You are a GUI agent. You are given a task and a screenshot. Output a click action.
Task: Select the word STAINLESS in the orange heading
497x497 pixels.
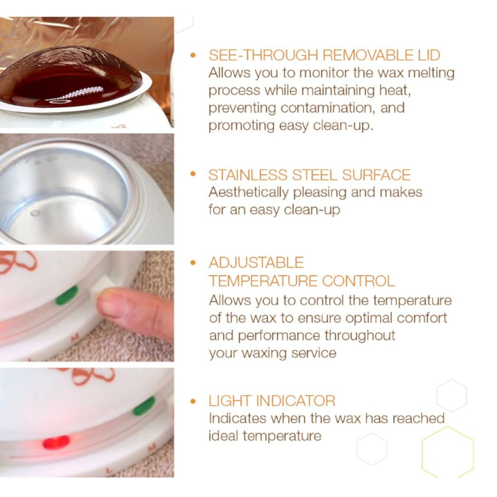pyautogui.click(x=248, y=175)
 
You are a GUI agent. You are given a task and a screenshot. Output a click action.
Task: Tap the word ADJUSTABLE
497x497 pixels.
pyautogui.click(x=256, y=263)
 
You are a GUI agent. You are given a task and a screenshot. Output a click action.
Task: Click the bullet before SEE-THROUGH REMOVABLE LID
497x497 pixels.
pyautogui.click(x=193, y=56)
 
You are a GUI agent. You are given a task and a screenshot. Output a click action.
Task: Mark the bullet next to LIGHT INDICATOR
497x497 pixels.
pyautogui.click(x=193, y=401)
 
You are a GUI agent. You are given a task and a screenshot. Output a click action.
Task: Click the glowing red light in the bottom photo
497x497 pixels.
pyautogui.click(x=56, y=442)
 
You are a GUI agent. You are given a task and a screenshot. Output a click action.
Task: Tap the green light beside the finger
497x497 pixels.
pyautogui.click(x=67, y=295)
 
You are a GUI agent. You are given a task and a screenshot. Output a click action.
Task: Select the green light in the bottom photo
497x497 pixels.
pyautogui.click(x=144, y=406)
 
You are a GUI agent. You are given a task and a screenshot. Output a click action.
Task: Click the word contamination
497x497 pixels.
pyautogui.click(x=326, y=108)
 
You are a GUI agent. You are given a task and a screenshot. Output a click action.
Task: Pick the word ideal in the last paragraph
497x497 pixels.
pyautogui.click(x=223, y=436)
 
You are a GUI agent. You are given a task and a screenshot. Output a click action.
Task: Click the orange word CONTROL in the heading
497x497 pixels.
pyautogui.click(x=358, y=281)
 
